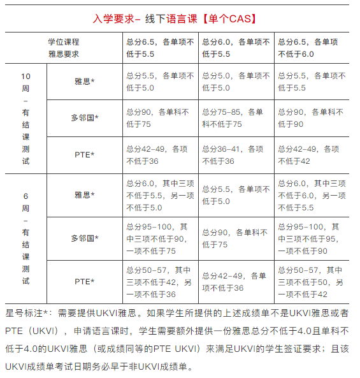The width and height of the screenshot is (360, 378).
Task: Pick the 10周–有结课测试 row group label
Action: tap(25, 118)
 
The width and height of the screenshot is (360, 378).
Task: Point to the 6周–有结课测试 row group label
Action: tap(25, 238)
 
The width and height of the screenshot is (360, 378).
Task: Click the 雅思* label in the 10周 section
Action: tap(85, 82)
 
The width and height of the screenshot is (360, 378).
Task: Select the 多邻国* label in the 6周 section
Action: tap(85, 238)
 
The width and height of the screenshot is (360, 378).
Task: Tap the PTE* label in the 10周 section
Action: tap(85, 155)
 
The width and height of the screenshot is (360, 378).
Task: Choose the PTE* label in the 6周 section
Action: tap(85, 281)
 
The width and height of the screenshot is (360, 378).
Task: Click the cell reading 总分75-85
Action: tap(236, 118)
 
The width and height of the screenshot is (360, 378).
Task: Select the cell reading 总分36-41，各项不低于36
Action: tap(236, 155)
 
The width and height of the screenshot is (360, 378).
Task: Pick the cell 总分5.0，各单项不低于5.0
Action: tap(236, 82)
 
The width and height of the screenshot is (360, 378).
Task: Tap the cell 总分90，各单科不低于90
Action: tap(312, 118)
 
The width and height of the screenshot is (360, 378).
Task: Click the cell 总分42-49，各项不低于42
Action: tap(312, 155)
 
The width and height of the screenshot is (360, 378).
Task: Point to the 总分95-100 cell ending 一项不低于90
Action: tap(312, 238)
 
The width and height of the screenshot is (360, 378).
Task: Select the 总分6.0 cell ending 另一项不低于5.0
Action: tap(159, 195)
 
